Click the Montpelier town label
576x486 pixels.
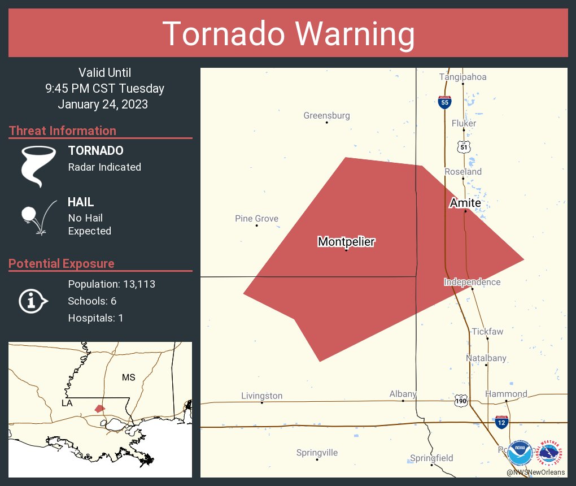coord(346,242)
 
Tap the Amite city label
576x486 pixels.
coord(465,203)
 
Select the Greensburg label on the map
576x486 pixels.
coord(326,116)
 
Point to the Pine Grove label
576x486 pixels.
coord(256,219)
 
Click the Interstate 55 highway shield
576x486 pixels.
coord(444,102)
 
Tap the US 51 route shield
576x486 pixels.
coord(464,147)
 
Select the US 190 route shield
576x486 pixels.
coord(461,400)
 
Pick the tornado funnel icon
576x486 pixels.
coord(38,166)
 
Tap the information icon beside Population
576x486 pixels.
coord(33,301)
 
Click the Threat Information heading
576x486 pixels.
coord(63,131)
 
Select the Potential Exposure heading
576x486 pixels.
coord(62,264)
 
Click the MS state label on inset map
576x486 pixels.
coord(129,377)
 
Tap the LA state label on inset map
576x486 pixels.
coord(67,403)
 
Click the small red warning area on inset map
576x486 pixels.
coord(99,408)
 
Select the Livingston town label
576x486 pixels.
coord(261,396)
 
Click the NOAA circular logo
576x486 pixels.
coord(519,453)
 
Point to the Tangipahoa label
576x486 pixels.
coord(463,77)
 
